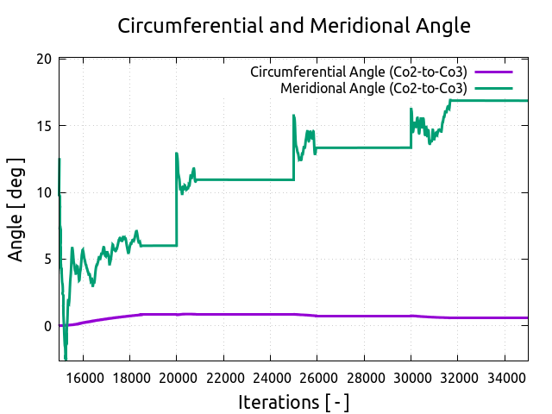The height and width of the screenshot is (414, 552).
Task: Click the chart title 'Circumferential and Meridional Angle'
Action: (294, 26)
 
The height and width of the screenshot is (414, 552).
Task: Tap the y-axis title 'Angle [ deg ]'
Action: (16, 210)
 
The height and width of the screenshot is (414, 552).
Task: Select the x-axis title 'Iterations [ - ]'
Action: (293, 402)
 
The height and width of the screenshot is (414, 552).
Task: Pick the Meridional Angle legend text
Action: (373, 88)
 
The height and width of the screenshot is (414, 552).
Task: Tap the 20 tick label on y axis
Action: (43, 60)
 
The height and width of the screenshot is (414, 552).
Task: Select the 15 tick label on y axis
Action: (43, 126)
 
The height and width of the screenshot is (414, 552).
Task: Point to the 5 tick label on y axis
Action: (47, 260)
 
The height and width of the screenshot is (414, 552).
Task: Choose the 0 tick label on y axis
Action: (47, 326)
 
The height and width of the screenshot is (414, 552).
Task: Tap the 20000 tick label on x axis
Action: (176, 376)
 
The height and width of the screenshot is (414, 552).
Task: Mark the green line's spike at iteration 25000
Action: (294, 116)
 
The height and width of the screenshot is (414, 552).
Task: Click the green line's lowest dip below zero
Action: (65, 358)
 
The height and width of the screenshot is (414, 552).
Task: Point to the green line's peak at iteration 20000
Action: (177, 154)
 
